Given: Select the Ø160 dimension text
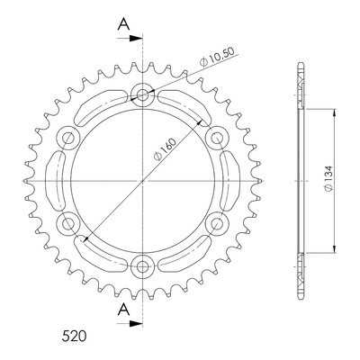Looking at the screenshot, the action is click(164, 149).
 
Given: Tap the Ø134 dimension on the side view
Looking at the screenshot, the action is click(328, 178).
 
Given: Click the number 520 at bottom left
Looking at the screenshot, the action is click(74, 337).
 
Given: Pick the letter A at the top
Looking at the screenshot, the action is click(123, 24).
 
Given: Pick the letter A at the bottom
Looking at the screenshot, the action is click(123, 310).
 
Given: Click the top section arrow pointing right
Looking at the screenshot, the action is click(130, 39).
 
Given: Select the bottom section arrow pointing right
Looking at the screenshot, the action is click(130, 324).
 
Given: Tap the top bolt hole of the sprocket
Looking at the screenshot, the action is click(142, 95).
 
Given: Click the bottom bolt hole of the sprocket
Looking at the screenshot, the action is click(142, 266).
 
